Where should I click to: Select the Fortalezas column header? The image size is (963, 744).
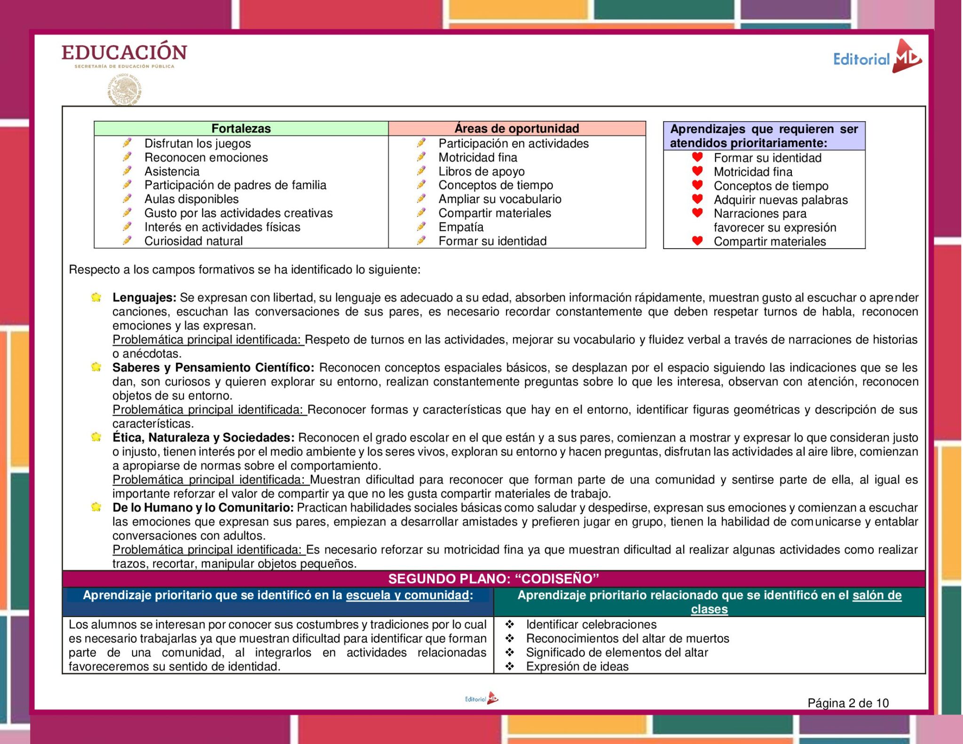click(241, 128)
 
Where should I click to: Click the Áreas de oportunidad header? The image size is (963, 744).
click(516, 128)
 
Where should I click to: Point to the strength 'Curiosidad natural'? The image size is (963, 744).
click(193, 241)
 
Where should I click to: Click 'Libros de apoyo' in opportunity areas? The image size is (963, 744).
click(481, 172)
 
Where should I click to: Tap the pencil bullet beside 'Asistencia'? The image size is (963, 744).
click(127, 171)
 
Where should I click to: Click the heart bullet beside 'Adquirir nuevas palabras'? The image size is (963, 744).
click(697, 199)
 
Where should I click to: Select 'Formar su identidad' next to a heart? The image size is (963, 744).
click(767, 158)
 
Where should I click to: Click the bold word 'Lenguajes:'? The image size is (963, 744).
click(144, 298)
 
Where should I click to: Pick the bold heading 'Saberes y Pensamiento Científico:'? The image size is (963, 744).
click(213, 368)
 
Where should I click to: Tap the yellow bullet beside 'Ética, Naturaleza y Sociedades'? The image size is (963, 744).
click(96, 437)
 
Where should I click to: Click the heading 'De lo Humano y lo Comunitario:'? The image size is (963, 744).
click(203, 508)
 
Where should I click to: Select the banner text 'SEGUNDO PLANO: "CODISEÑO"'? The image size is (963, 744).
click(493, 579)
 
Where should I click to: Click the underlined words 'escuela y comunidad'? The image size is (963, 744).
click(407, 595)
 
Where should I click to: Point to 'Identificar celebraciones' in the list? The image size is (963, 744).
click(591, 625)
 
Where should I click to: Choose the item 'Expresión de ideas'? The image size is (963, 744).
click(577, 666)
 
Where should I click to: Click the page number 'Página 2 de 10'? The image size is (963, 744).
click(848, 703)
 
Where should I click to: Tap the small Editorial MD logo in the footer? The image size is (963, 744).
click(481, 699)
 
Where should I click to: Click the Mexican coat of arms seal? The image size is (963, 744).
click(124, 89)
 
